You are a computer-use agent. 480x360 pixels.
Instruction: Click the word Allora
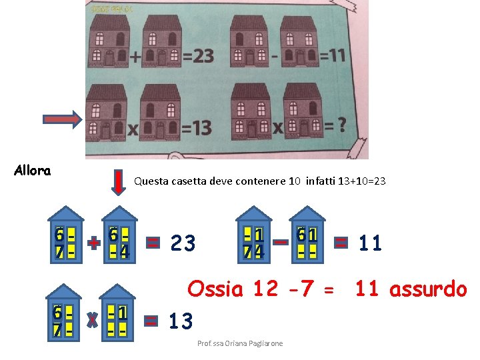coord(32,171)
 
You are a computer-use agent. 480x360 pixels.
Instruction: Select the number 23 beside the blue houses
coord(183,243)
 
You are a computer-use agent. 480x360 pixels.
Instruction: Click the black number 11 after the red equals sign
coord(371,243)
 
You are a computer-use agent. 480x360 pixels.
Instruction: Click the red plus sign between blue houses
coord(94,243)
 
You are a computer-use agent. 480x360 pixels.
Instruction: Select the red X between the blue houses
coord(93,321)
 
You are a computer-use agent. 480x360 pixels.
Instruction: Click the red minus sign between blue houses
coord(281,243)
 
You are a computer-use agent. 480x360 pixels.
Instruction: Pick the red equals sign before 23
coord(153,243)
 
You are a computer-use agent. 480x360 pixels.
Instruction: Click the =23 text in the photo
coord(198,56)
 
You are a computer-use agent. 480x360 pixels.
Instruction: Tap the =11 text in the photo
coord(331,55)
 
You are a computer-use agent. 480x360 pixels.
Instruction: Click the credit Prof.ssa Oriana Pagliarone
coord(240,343)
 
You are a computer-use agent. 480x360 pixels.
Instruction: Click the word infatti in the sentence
coord(323,181)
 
